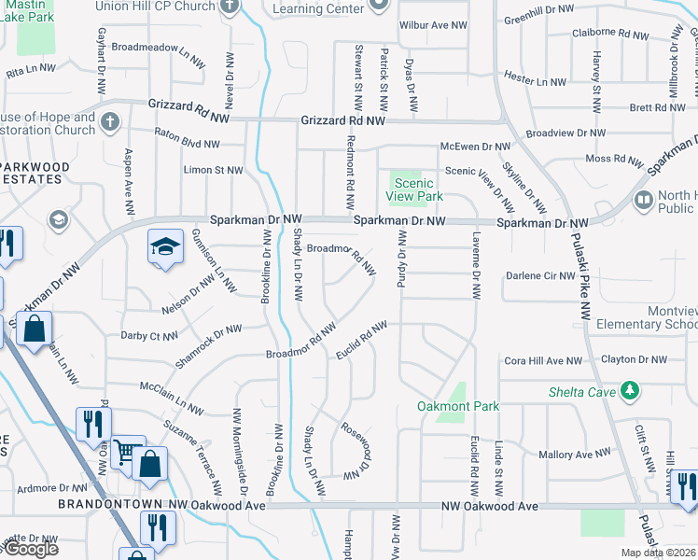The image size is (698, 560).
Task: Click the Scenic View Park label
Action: pos(415,190)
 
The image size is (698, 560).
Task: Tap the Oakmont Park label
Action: pos(458,406)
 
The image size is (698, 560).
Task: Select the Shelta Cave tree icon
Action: pos(632,390)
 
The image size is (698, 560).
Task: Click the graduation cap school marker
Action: pos(165,247)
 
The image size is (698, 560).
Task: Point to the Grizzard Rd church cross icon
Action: pos(110,121)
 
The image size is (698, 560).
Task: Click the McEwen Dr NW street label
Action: pos(476,147)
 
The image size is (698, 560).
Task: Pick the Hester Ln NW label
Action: pos(535,82)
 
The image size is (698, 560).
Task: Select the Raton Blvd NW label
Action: pos(187,145)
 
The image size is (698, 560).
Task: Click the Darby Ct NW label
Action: pos(149,336)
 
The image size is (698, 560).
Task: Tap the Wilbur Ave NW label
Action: pos(431,26)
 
